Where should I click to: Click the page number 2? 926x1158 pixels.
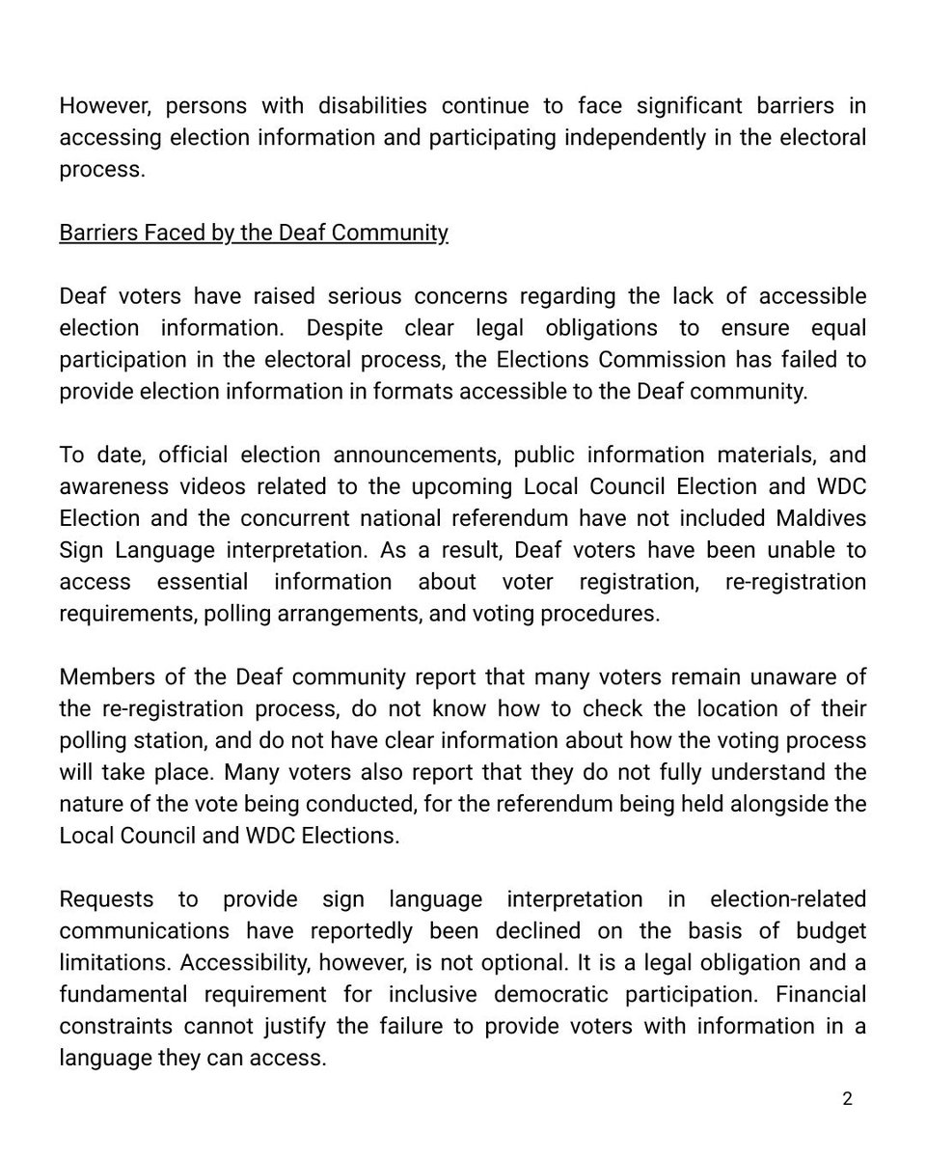847,1098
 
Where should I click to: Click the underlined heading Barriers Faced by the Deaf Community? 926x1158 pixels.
254,233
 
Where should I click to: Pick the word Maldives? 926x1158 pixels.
821,517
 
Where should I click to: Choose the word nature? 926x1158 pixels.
92,804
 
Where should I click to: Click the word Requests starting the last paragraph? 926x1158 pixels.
106,898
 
